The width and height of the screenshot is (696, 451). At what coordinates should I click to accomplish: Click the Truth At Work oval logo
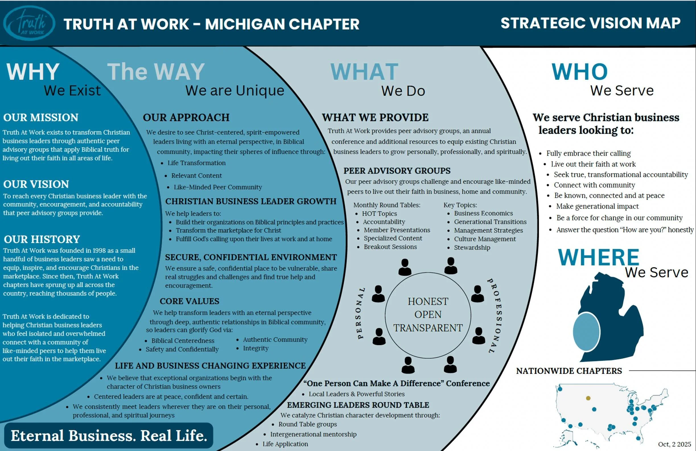[x=29, y=23]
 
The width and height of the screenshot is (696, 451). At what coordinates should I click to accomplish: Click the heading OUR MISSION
[x=41, y=117]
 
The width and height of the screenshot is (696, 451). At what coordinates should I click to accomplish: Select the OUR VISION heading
[x=36, y=184]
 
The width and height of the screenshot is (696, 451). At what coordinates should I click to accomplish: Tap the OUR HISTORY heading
[x=42, y=239]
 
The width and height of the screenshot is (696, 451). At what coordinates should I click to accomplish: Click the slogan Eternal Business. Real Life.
[x=109, y=436]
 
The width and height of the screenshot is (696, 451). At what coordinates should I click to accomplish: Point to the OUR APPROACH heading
[x=186, y=117]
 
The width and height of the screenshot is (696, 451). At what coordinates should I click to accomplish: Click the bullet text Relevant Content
[x=197, y=176]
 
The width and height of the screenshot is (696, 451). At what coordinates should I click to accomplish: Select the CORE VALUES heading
[x=190, y=301]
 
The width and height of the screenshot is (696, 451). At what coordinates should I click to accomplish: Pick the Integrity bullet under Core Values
[x=256, y=348]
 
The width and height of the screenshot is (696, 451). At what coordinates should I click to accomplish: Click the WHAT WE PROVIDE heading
[x=375, y=117]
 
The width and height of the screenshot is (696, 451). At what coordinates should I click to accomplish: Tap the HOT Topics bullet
[x=379, y=214]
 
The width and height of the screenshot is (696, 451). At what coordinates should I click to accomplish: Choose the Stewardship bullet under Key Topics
[x=472, y=248]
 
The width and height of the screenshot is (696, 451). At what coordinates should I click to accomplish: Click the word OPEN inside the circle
[x=428, y=314]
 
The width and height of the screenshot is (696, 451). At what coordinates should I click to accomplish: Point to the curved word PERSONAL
[x=361, y=313]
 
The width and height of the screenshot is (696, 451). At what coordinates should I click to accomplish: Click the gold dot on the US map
[x=588, y=398]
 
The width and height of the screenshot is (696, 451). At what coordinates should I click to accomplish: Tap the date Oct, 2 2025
[x=674, y=444]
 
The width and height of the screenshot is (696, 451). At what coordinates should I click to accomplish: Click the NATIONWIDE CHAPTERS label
[x=569, y=371]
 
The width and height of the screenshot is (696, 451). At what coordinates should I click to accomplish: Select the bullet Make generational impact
[x=597, y=206]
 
